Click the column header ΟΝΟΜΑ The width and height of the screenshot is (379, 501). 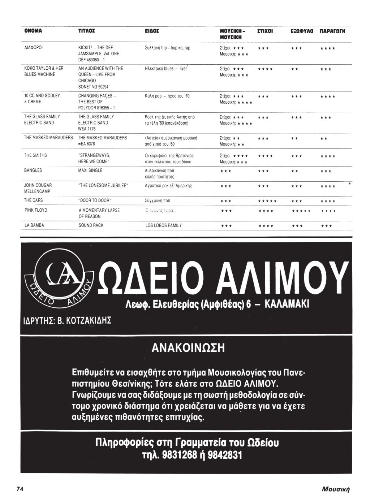(33, 31)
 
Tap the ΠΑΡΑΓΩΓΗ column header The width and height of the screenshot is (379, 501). (332, 31)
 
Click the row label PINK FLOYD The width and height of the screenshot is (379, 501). (35, 210)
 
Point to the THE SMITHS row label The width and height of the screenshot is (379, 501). (35, 155)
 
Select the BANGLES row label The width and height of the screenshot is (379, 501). (33, 170)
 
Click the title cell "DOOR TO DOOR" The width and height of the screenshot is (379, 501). (95, 200)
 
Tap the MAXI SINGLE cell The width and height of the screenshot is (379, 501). (90, 170)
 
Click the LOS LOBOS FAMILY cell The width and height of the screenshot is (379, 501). (163, 225)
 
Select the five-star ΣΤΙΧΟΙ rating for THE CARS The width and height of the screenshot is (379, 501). (267, 201)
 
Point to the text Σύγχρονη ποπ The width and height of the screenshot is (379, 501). (157, 200)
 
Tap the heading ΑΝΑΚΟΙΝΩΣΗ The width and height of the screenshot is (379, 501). (188, 348)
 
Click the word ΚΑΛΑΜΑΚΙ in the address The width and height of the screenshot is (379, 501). (287, 304)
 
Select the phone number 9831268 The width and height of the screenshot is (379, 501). (180, 454)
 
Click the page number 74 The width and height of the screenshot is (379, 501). (20, 489)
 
